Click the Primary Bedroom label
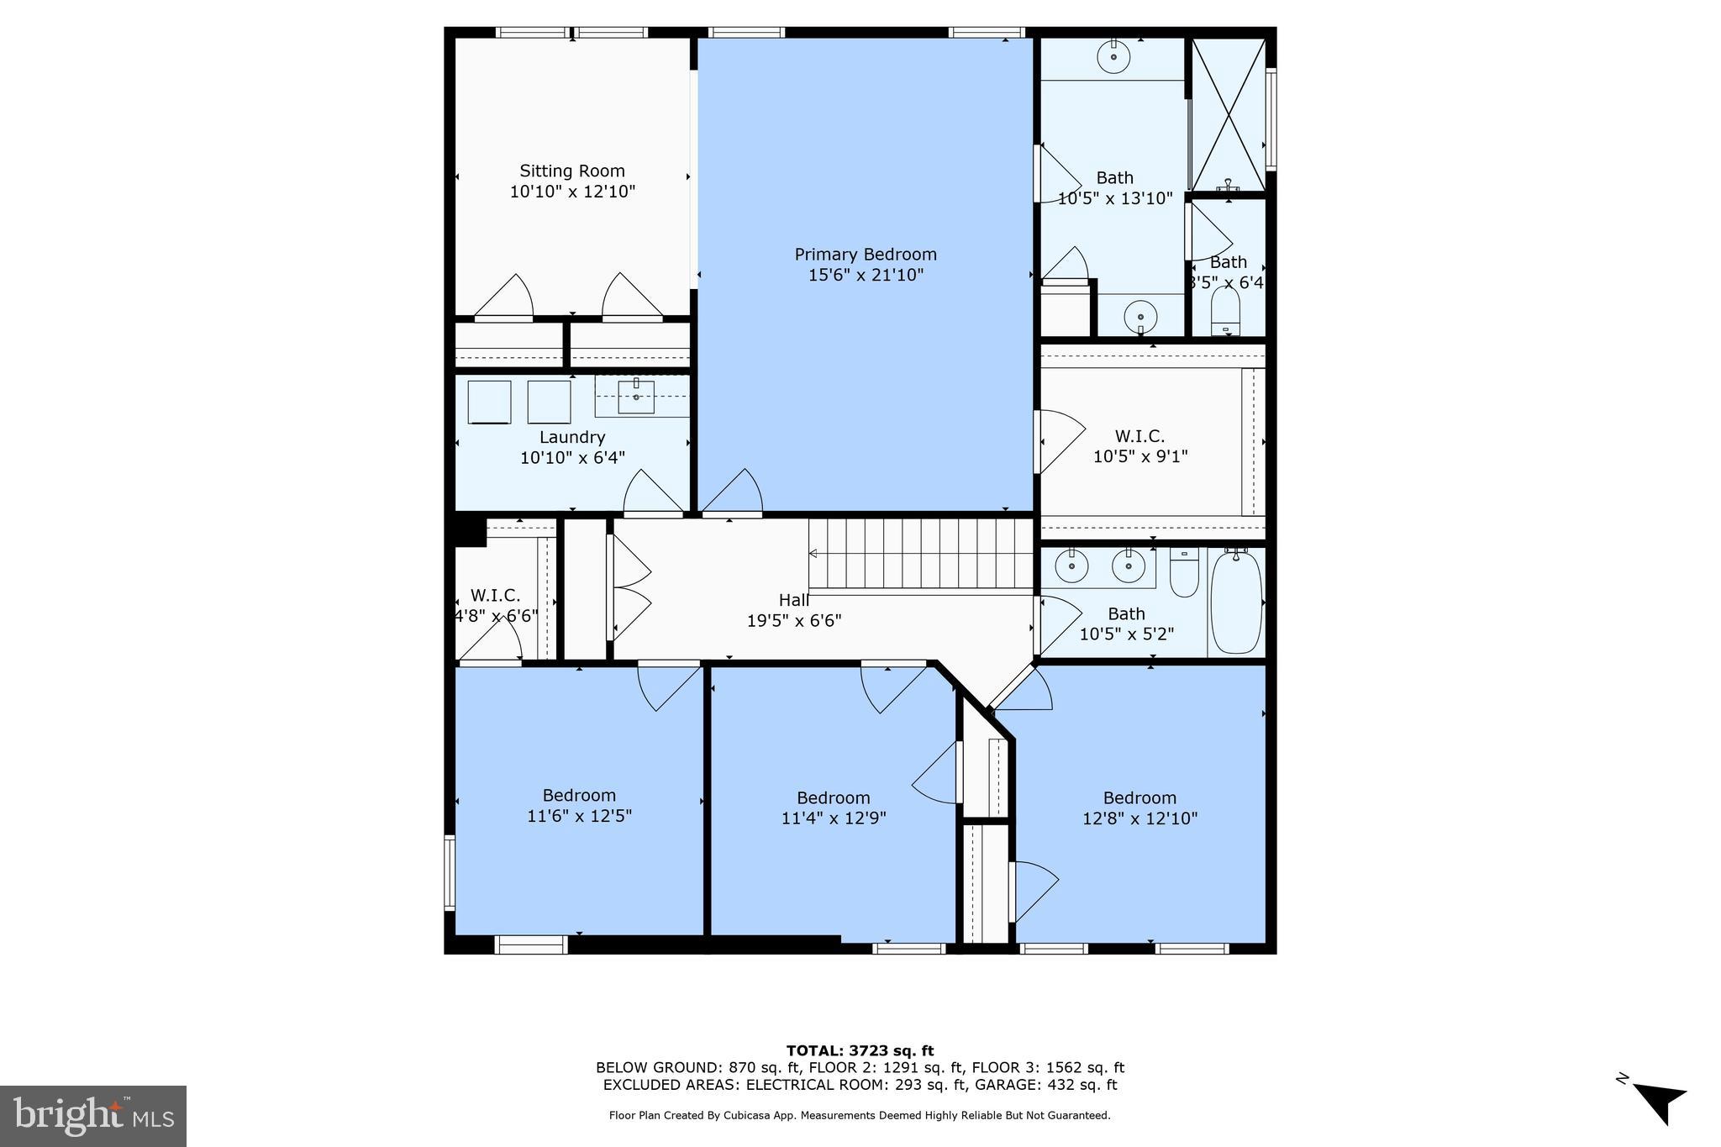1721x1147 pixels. tap(866, 255)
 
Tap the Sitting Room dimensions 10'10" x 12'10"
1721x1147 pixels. tap(572, 192)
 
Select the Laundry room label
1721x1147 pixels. tap(572, 437)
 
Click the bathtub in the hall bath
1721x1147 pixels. tap(1236, 602)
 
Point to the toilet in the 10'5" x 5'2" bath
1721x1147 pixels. tap(1183, 574)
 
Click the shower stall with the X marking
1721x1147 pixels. tap(1229, 115)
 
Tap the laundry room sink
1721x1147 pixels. tap(636, 397)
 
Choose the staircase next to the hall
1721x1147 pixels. tap(921, 554)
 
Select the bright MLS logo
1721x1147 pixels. tap(93, 1116)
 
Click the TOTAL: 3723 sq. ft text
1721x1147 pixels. tap(860, 1050)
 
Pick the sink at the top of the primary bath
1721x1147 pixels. tap(1113, 56)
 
